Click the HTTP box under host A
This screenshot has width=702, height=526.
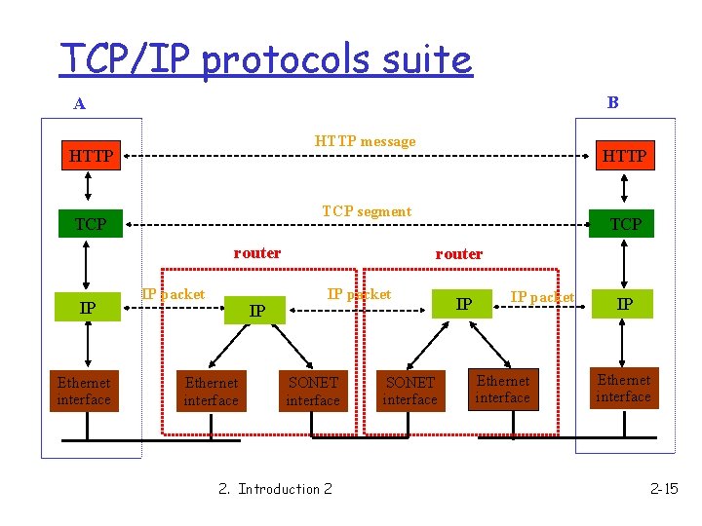coord(91,156)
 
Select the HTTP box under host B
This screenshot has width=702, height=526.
coord(624,156)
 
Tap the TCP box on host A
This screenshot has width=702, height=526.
coord(91,224)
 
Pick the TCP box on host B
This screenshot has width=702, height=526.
coord(625,224)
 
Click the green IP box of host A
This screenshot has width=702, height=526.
coord(88,309)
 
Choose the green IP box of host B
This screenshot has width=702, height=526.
coord(625,304)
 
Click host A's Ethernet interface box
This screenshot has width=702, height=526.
coord(84,391)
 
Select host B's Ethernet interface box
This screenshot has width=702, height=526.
coord(623,389)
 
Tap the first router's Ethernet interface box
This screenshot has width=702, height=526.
coord(211,392)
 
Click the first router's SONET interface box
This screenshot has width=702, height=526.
coord(313,392)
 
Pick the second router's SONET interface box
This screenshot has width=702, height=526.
coord(409,392)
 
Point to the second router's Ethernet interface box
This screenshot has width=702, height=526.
coord(503,390)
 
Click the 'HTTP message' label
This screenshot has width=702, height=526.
coord(365,141)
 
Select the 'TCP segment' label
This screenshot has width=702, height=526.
coord(367,211)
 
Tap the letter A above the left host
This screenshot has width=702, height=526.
coord(79,103)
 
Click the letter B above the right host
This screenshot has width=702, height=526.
coord(612,101)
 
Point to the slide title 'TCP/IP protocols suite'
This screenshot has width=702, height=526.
coord(265,59)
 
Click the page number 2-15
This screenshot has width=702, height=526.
coord(664,488)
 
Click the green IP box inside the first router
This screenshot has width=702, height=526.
coord(256,311)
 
